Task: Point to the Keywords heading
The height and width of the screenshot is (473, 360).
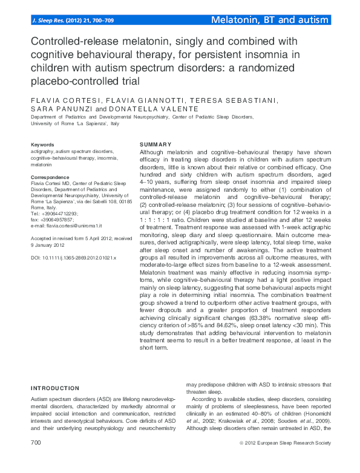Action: pos(42,145)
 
